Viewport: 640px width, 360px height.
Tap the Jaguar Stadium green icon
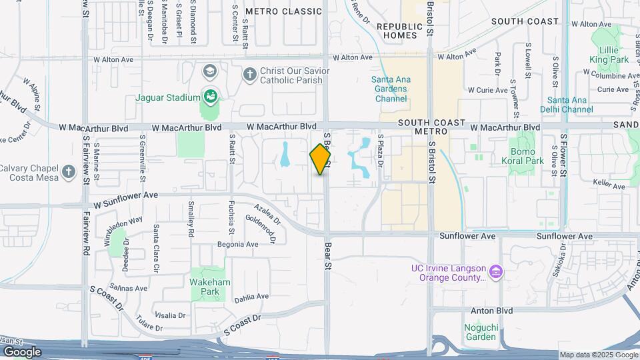[211, 97]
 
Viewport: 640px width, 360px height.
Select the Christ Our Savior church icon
[250, 74]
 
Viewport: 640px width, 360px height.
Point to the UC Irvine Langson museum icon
[495, 272]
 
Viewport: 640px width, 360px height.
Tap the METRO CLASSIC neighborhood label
[283, 11]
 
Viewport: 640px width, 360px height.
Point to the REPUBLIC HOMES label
[399, 31]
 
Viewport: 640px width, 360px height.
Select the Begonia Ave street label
[237, 245]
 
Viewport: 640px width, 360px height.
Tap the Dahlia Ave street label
[251, 297]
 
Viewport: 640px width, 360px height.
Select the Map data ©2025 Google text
[598, 355]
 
